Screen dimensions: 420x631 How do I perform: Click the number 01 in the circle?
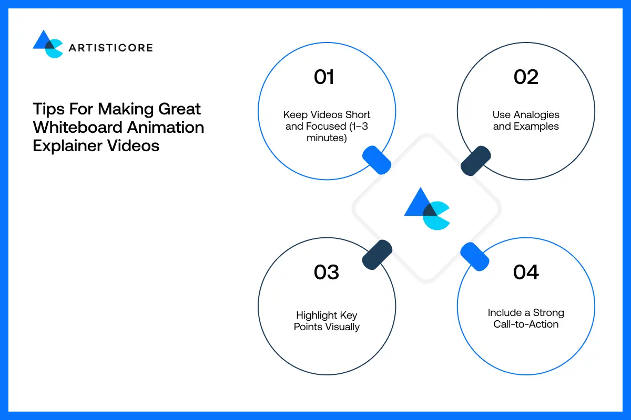(x=324, y=77)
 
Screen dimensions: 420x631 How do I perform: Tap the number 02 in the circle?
(x=526, y=77)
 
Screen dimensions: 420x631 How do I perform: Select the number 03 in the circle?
(x=326, y=272)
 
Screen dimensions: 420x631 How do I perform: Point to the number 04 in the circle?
(x=526, y=272)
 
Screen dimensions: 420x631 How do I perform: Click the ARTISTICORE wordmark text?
(x=110, y=48)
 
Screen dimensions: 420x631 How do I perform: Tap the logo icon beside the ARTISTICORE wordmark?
(x=48, y=44)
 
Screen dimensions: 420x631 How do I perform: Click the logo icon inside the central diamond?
(x=426, y=209)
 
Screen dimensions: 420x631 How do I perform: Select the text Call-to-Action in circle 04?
(x=526, y=324)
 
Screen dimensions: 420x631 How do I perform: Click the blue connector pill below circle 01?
(x=377, y=160)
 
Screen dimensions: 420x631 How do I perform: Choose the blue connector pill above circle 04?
(x=475, y=257)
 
